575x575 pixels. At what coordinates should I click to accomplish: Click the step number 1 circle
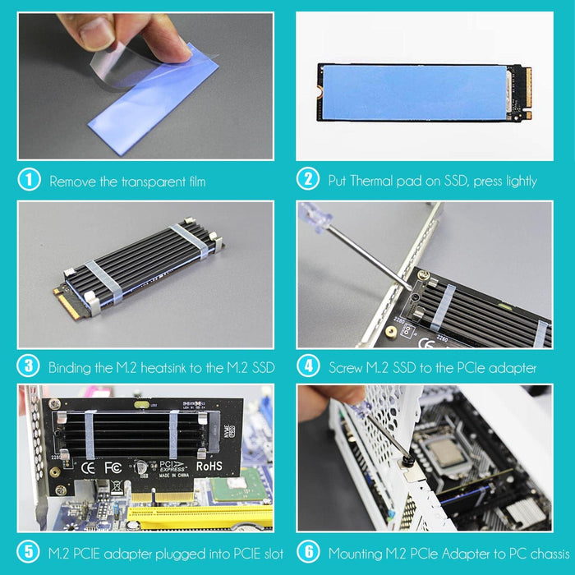pos(29,180)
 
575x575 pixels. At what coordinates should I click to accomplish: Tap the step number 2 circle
pos(307,180)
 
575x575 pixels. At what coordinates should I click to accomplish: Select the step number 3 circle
pos(29,366)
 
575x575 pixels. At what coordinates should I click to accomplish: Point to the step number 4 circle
pos(307,366)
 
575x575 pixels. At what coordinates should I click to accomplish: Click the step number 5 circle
pos(29,552)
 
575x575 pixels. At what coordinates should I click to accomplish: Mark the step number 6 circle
pos(307,552)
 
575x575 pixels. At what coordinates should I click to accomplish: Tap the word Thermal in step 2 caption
pos(372,181)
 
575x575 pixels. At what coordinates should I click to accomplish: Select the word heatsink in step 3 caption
pos(163,367)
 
